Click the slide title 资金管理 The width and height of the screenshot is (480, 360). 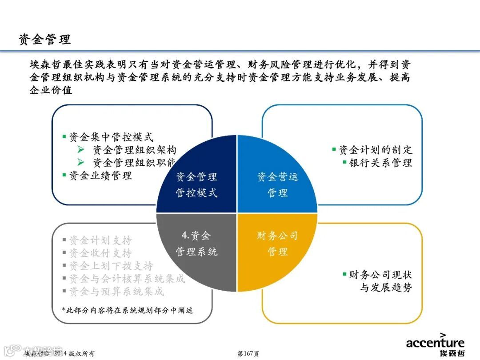click(44, 40)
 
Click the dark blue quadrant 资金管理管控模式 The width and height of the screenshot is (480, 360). click(197, 184)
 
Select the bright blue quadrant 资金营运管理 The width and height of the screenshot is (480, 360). click(277, 184)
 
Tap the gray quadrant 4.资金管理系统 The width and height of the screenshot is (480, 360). click(196, 244)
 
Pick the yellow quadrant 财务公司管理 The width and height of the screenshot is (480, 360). click(277, 244)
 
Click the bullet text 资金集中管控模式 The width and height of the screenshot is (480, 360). click(111, 137)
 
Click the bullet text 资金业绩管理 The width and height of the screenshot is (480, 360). click(100, 176)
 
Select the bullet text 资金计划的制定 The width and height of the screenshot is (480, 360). click(375, 150)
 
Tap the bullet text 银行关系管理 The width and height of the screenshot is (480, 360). click(380, 163)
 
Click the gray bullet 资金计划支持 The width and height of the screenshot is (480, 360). click(100, 240)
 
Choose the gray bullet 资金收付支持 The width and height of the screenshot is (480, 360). click(100, 253)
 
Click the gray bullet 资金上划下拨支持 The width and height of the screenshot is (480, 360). click(111, 266)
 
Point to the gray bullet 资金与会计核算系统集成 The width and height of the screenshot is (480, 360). click(127, 279)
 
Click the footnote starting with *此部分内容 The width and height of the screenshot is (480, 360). click(128, 310)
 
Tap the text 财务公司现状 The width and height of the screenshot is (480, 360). click(380, 275)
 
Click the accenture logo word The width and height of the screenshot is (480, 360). click(435, 343)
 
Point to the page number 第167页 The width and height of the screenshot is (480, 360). click(248, 354)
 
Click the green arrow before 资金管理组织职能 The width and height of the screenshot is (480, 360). click(81, 162)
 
